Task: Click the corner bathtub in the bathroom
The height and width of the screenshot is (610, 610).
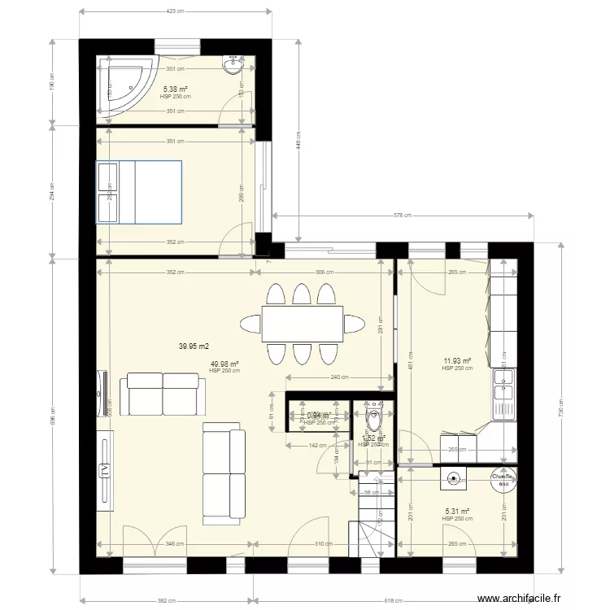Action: point(124,83)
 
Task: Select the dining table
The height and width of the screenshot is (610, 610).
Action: point(302,324)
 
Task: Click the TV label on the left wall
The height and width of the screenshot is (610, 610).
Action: point(104,470)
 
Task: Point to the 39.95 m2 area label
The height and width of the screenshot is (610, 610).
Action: point(194,346)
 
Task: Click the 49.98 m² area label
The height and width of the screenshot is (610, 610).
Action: point(224,364)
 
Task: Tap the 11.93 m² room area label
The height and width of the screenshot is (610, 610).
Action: point(457,361)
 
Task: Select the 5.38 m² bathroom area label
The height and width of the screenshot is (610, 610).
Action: point(176,89)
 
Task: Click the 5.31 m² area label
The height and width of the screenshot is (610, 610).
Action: point(457,512)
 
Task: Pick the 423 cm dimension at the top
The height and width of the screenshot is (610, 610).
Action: point(175,11)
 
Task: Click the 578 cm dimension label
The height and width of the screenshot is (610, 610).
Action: point(403,216)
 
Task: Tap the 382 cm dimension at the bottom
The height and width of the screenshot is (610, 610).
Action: point(166,600)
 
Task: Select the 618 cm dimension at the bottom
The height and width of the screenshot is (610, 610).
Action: point(393,600)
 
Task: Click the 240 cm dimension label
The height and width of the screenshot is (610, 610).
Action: point(334,377)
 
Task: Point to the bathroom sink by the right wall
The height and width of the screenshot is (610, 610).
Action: point(235,65)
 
